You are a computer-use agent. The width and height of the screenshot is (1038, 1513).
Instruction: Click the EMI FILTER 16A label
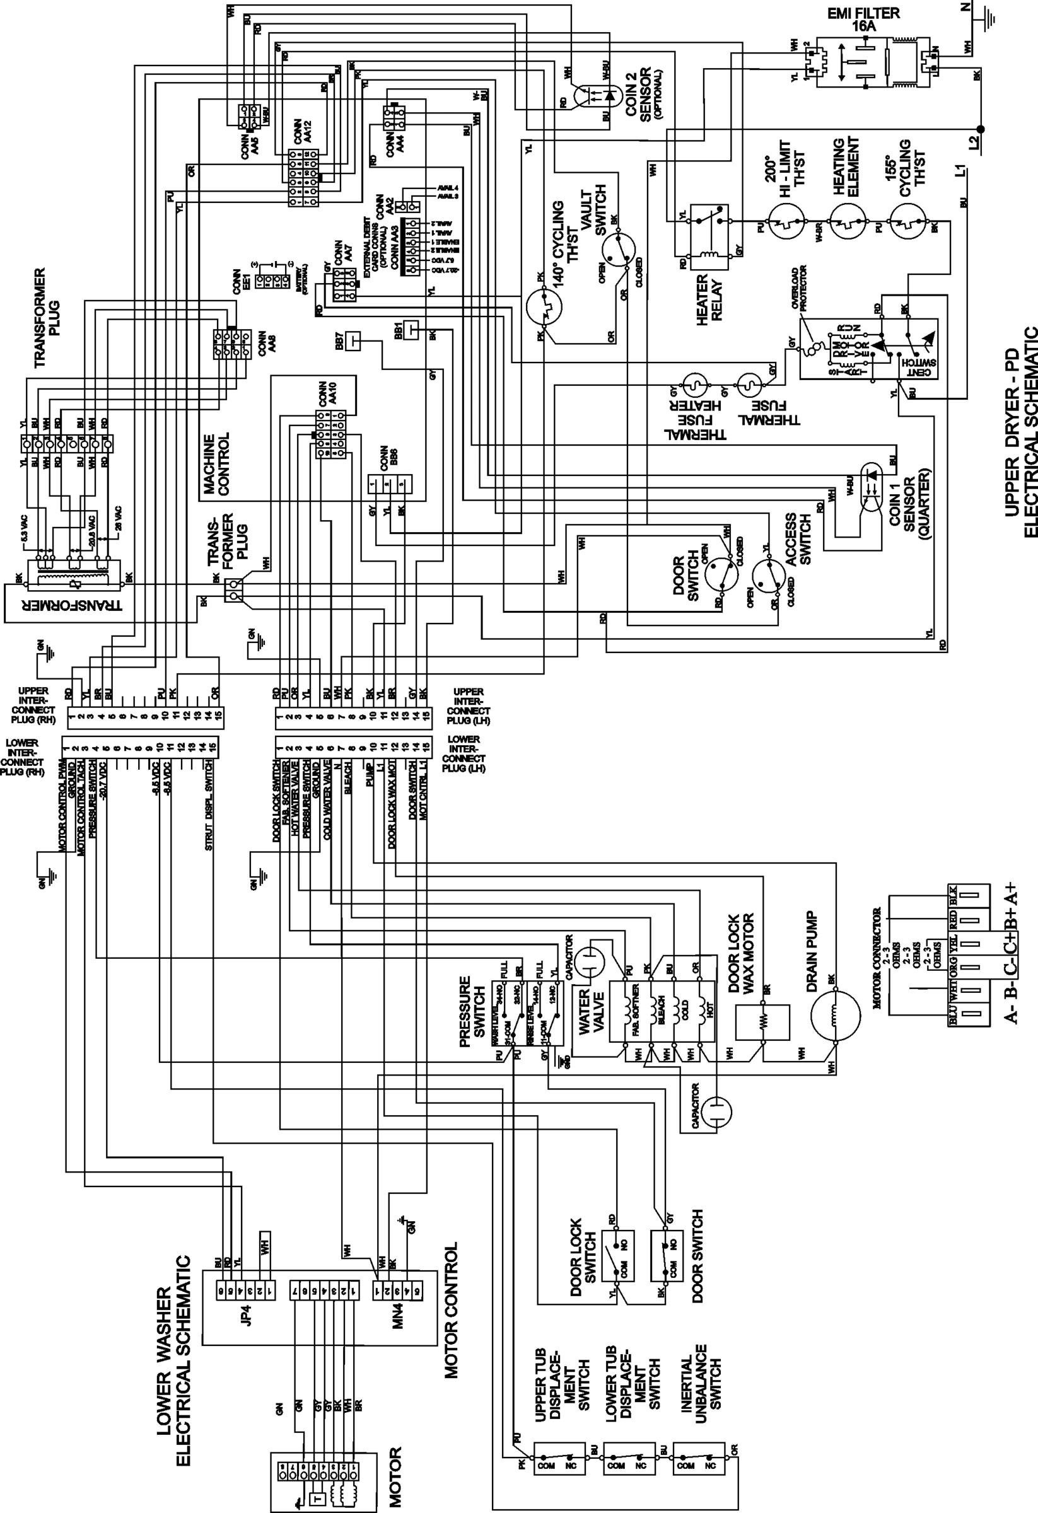click(863, 20)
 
